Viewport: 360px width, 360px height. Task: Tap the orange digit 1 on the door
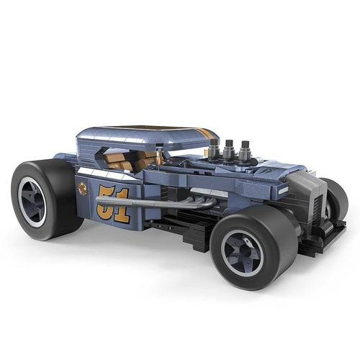point(122,205)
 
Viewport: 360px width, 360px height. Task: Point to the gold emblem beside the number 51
point(82,189)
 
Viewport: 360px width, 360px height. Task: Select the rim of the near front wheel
point(242,253)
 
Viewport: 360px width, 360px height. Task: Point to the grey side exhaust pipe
point(153,203)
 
